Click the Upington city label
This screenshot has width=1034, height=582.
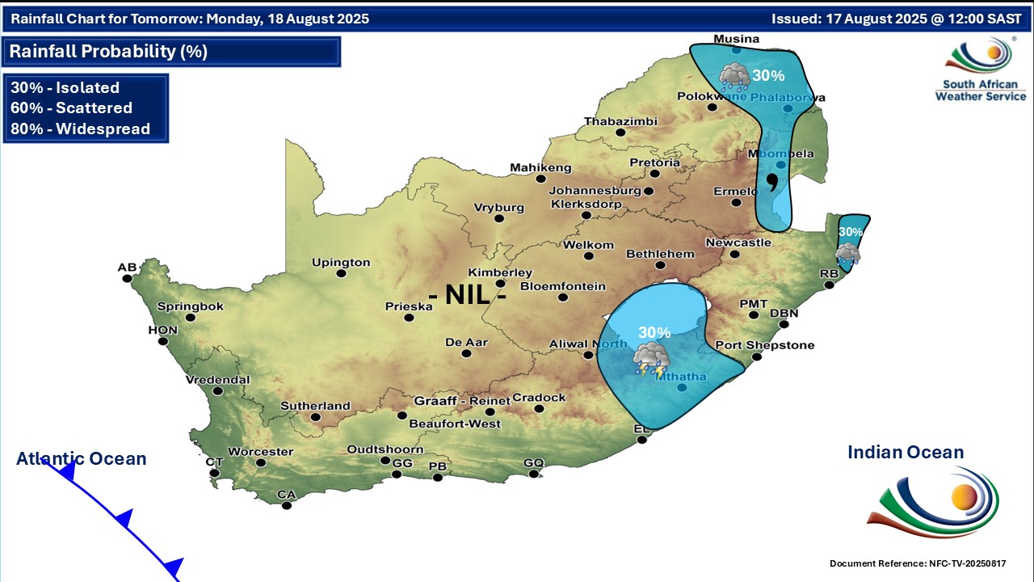click(342, 263)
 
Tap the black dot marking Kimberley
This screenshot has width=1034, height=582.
click(501, 284)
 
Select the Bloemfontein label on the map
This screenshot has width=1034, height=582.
click(563, 286)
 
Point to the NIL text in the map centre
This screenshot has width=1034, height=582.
click(468, 295)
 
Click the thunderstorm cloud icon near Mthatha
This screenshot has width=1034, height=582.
click(650, 357)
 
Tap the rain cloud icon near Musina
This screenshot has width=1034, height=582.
click(734, 77)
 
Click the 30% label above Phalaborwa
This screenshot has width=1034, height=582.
click(768, 76)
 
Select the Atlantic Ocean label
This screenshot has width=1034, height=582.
click(82, 459)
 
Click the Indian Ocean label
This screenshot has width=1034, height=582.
click(906, 453)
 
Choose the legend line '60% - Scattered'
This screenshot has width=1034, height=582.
click(72, 108)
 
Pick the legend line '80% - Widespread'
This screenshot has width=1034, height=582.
click(81, 129)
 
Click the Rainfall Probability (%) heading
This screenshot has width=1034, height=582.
click(108, 52)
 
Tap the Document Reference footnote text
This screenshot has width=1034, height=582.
click(918, 563)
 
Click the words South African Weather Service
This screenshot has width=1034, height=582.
click(980, 90)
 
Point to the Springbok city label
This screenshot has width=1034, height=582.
click(190, 306)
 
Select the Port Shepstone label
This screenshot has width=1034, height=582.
click(764, 345)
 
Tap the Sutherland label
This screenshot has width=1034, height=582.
click(315, 406)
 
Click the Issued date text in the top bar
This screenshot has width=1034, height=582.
click(896, 19)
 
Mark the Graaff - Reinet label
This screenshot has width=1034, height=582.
click(462, 401)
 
